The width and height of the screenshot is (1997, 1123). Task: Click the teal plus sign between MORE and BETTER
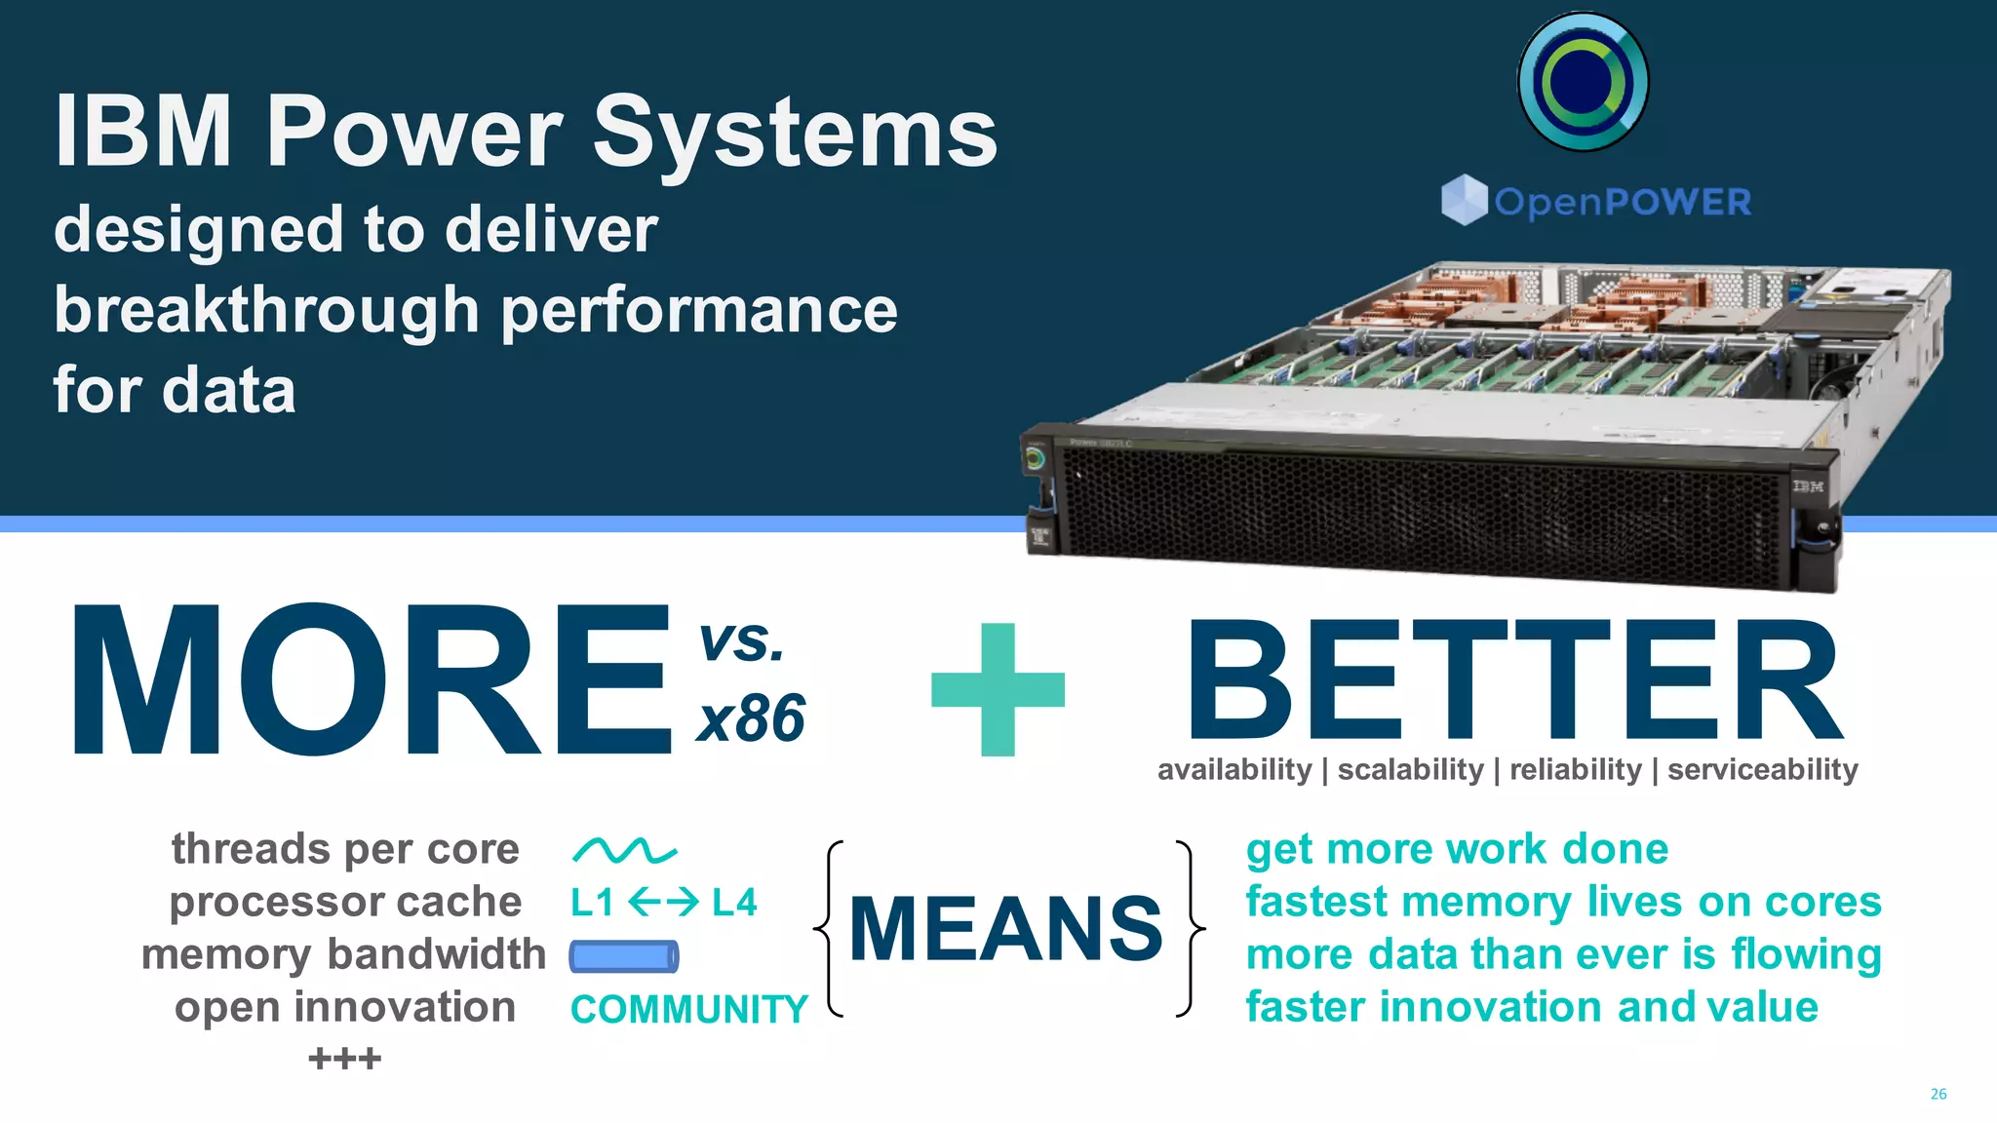click(x=998, y=689)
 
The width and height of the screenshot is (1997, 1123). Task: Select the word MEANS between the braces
click(x=1006, y=928)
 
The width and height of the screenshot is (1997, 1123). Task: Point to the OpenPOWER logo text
click(x=1622, y=202)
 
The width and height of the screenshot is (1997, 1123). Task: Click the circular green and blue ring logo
click(x=1583, y=82)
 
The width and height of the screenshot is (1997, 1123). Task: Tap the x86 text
click(x=751, y=719)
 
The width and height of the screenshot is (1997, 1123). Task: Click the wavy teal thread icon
click(x=624, y=851)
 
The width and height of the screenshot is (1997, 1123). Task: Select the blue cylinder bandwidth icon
click(x=624, y=956)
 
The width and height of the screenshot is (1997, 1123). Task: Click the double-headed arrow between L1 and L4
click(x=663, y=903)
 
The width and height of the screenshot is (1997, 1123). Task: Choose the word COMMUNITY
click(x=688, y=1009)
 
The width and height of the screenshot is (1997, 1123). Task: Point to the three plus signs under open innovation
click(x=344, y=1059)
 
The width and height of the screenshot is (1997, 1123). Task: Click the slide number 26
click(x=1938, y=1094)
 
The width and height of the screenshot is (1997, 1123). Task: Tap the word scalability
click(x=1410, y=770)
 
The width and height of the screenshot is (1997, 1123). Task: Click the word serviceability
click(x=1762, y=770)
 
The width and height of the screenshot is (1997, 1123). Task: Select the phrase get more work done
click(x=1457, y=849)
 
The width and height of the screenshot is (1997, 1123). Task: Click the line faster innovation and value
click(x=1531, y=1007)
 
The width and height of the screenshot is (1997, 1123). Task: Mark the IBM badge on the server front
click(x=1807, y=485)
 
